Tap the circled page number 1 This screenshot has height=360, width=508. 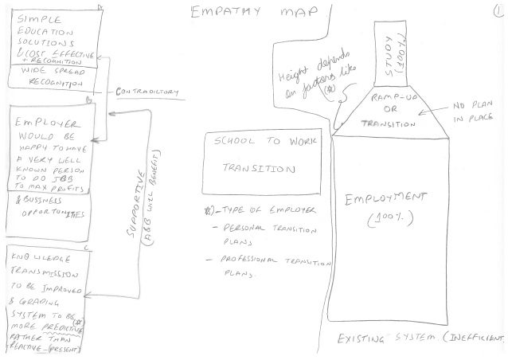click(x=496, y=13)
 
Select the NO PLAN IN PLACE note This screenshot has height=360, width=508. click(x=468, y=112)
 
